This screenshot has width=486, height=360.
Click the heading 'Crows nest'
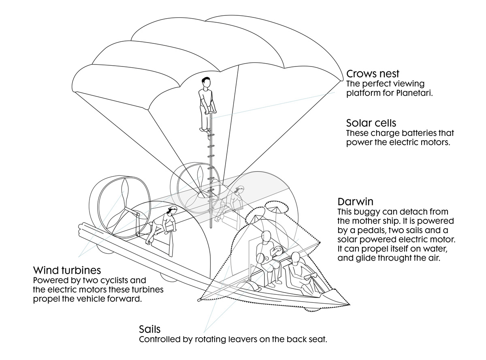(x=373, y=74)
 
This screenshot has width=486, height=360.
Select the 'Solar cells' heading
(x=371, y=123)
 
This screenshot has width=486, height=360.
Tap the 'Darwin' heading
(x=355, y=201)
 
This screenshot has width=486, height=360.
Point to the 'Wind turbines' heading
(x=67, y=270)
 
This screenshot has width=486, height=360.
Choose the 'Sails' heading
(x=150, y=329)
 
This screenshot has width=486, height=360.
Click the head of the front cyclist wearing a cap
(x=172, y=210)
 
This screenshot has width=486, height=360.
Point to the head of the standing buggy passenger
(x=266, y=236)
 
